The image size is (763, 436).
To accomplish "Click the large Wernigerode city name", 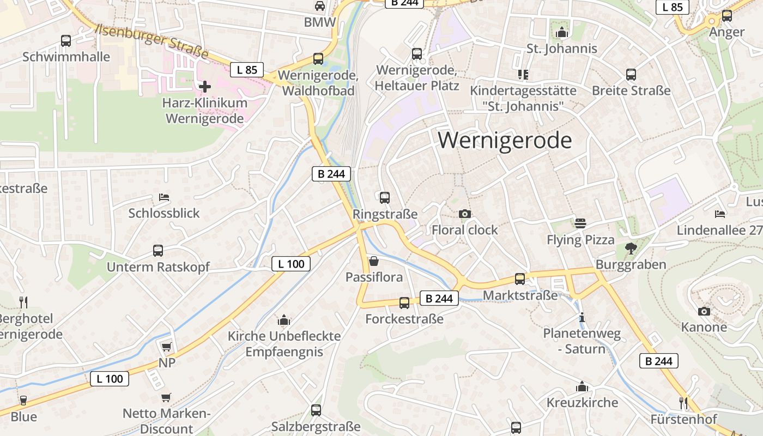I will coord(505,141).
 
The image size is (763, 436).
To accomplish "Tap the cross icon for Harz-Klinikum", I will coord(205,86).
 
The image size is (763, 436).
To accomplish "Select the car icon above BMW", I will coord(320,6).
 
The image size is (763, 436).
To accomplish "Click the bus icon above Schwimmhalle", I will coord(66,40).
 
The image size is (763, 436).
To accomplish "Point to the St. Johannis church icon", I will coord(561,33).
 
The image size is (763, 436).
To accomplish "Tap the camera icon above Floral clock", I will coord(464,214).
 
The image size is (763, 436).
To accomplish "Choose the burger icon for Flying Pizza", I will coord(580,223).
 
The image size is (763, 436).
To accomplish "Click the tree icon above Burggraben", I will coord(631,249).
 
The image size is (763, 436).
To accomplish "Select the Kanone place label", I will coord(704,327).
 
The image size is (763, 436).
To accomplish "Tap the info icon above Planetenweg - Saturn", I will coord(582,317).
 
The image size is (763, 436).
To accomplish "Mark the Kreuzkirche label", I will coord(582,403).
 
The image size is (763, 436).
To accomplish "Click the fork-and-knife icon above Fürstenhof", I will coord(683,403).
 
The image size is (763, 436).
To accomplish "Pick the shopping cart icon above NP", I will coord(166,347).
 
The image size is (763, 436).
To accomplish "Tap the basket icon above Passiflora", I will coord(374,261).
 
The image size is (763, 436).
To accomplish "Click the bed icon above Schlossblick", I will coord(164,197).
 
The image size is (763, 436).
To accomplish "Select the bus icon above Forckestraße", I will coord(404,303).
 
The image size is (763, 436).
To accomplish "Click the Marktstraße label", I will coord(520,295).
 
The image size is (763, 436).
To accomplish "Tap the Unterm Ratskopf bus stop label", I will coord(158,267).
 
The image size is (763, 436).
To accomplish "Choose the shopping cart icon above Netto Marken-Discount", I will coord(166,398).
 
